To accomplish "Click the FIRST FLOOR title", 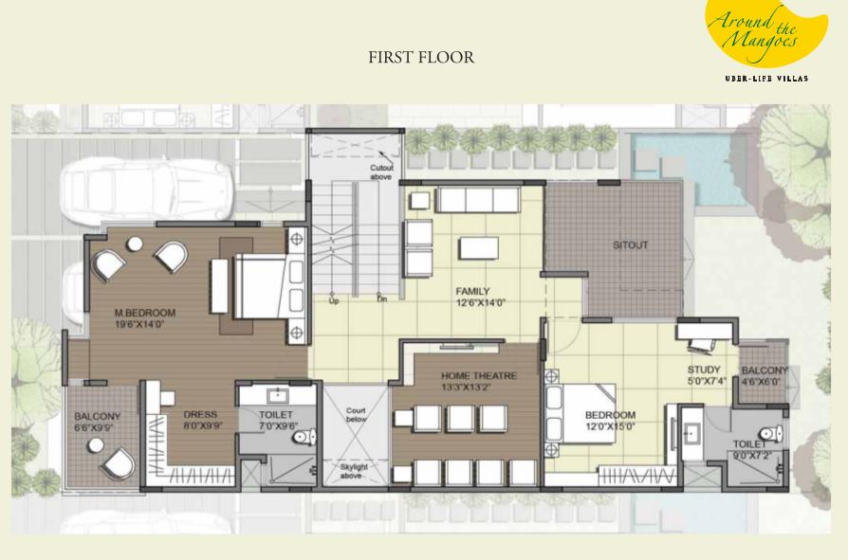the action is point(421,57).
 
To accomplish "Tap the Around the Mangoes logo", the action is point(765,38).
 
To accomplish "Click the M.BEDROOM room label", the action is point(145,313).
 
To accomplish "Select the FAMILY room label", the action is point(472,291).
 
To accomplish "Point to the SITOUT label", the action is point(630,245).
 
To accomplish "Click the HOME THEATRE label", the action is point(479,376).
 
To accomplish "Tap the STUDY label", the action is point(704,370).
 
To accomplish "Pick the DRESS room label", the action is point(200,415).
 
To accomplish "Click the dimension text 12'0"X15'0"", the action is point(610,426).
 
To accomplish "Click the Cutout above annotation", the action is point(381,172).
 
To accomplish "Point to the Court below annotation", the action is point(356,415).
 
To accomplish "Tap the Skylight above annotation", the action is point(354,471).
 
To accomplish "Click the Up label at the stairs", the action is point(334,300).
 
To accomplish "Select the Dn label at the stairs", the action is point(382,299).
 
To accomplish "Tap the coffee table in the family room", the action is point(479,249).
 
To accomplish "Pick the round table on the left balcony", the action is point(96,445).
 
